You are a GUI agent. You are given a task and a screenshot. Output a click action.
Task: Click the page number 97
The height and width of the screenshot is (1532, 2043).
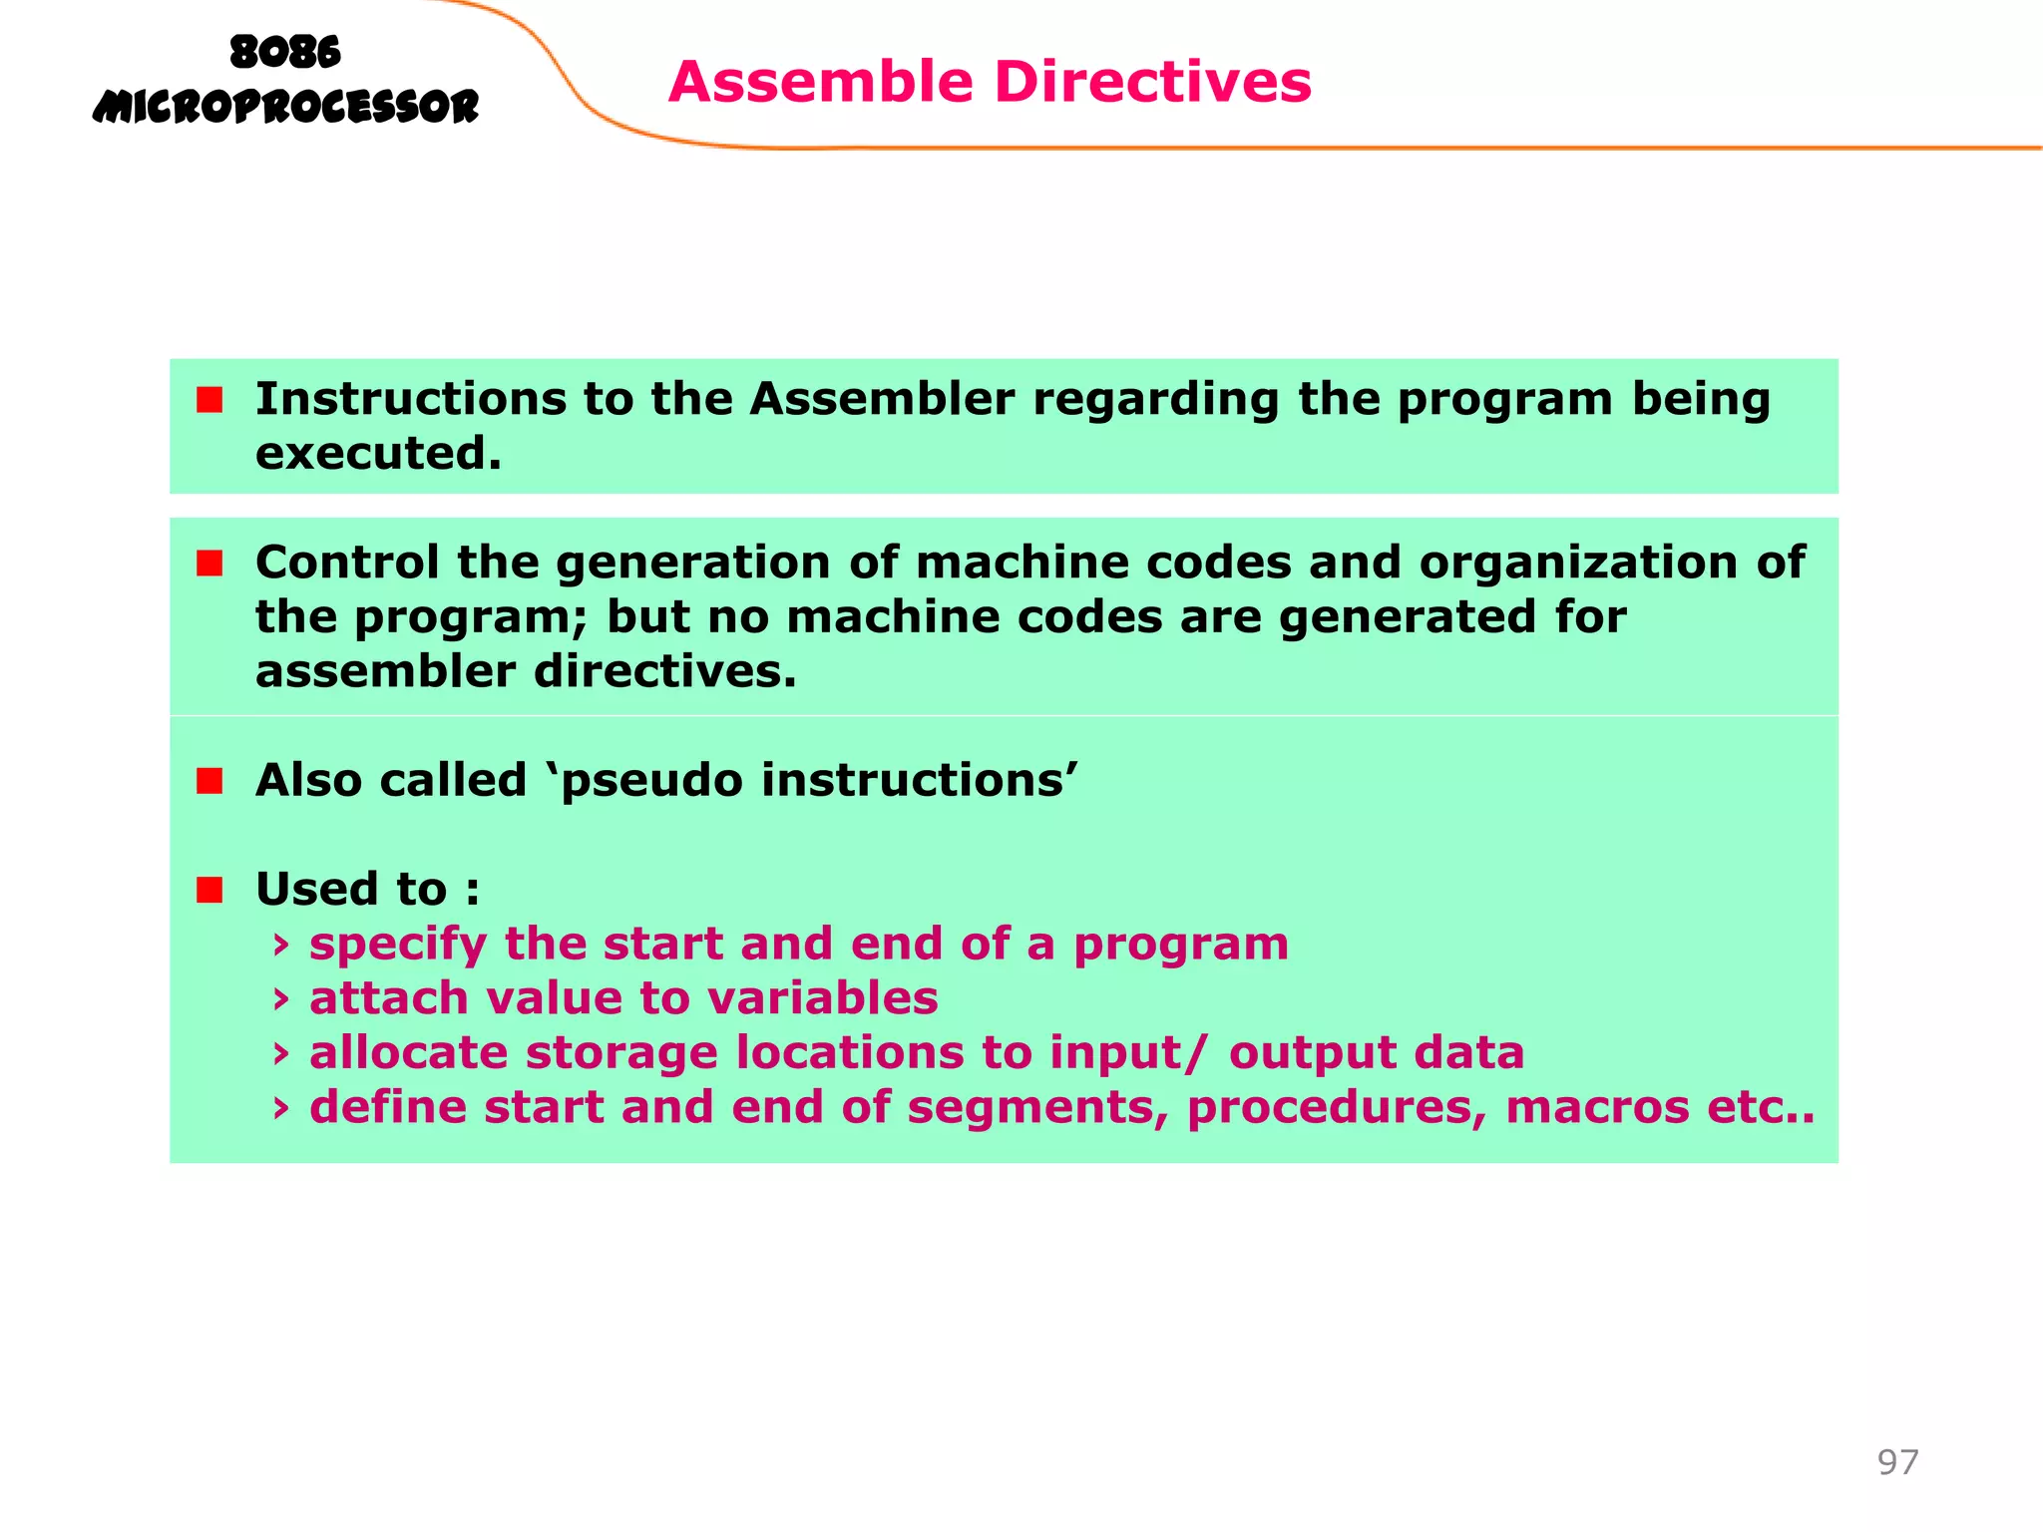1897,1462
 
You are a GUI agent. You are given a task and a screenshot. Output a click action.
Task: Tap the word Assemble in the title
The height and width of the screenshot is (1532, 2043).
820,82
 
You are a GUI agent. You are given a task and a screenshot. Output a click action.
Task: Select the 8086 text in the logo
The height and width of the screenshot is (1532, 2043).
285,52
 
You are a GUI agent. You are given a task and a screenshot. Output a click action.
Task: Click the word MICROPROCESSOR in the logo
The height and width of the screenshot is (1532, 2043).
285,107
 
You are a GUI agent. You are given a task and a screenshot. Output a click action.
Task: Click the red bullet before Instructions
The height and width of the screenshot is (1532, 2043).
209,401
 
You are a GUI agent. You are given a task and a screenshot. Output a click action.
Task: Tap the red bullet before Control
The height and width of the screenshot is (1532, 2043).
209,564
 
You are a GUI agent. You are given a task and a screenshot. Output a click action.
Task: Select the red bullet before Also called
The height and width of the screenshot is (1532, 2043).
209,781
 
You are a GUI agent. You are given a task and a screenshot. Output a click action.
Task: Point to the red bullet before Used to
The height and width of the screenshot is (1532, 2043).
209,890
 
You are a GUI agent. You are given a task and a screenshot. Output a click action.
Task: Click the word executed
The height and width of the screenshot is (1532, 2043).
378,455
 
